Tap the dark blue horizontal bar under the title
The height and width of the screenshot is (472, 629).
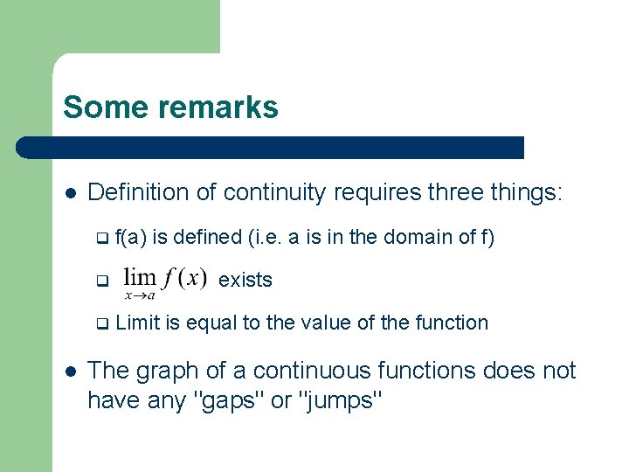(271, 147)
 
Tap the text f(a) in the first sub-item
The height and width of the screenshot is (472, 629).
(131, 237)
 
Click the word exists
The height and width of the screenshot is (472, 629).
(245, 280)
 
